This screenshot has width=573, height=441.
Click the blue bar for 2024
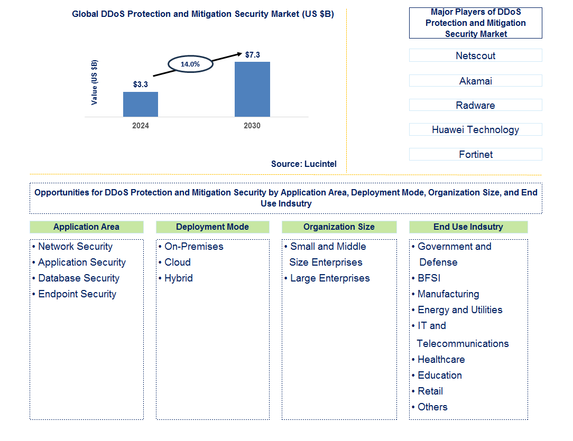tap(141, 104)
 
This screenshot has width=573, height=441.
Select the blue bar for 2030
tap(252, 89)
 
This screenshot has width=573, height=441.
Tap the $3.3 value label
tap(141, 84)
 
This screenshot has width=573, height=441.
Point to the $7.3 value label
tap(253, 54)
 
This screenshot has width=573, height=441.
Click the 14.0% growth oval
tap(190, 64)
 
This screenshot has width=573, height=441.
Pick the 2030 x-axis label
tap(252, 126)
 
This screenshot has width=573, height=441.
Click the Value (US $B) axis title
tap(95, 82)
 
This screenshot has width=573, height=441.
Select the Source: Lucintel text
tap(304, 164)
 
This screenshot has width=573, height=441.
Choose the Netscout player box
tap(475, 55)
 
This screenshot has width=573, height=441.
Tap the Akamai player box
tap(475, 81)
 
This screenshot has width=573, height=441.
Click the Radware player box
tap(475, 105)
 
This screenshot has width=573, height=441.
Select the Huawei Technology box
tap(475, 129)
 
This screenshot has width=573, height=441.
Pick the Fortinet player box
tap(475, 154)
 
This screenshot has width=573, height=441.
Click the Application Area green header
tap(86, 227)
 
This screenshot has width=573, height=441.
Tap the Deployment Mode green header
tap(212, 227)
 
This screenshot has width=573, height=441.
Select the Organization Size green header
tap(339, 227)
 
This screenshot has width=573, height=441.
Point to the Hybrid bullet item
tap(178, 278)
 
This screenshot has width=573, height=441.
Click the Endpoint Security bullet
tap(77, 294)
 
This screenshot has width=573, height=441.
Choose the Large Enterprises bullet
tap(330, 278)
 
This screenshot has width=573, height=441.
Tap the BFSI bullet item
tap(429, 278)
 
